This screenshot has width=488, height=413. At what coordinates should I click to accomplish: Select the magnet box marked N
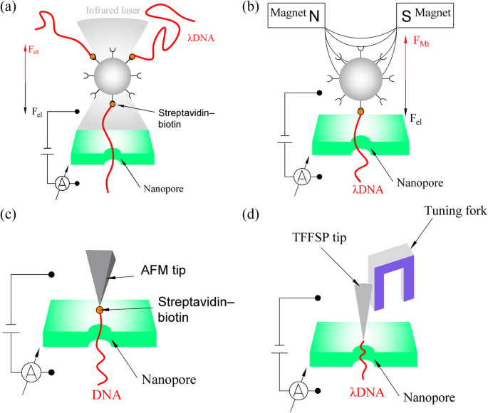click(x=296, y=14)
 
